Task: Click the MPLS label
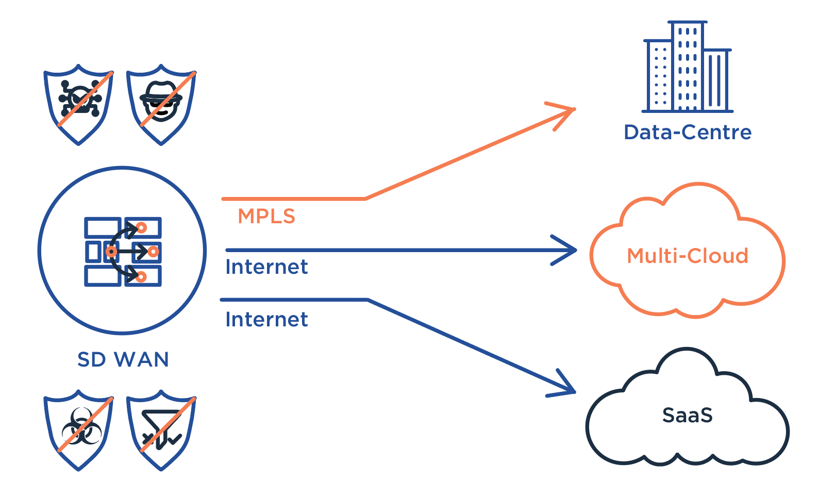pyautogui.click(x=266, y=217)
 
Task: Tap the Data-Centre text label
pyautogui.click(x=688, y=133)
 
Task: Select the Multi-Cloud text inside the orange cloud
pyautogui.click(x=688, y=256)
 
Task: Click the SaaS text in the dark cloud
pyautogui.click(x=688, y=416)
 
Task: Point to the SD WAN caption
pyautogui.click(x=123, y=360)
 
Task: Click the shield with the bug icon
pyautogui.click(x=79, y=103)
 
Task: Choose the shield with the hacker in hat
pyautogui.click(x=161, y=103)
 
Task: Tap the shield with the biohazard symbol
pyautogui.click(x=79, y=429)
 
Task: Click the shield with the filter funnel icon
pyautogui.click(x=161, y=429)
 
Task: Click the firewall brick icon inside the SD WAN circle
pyautogui.click(x=123, y=252)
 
